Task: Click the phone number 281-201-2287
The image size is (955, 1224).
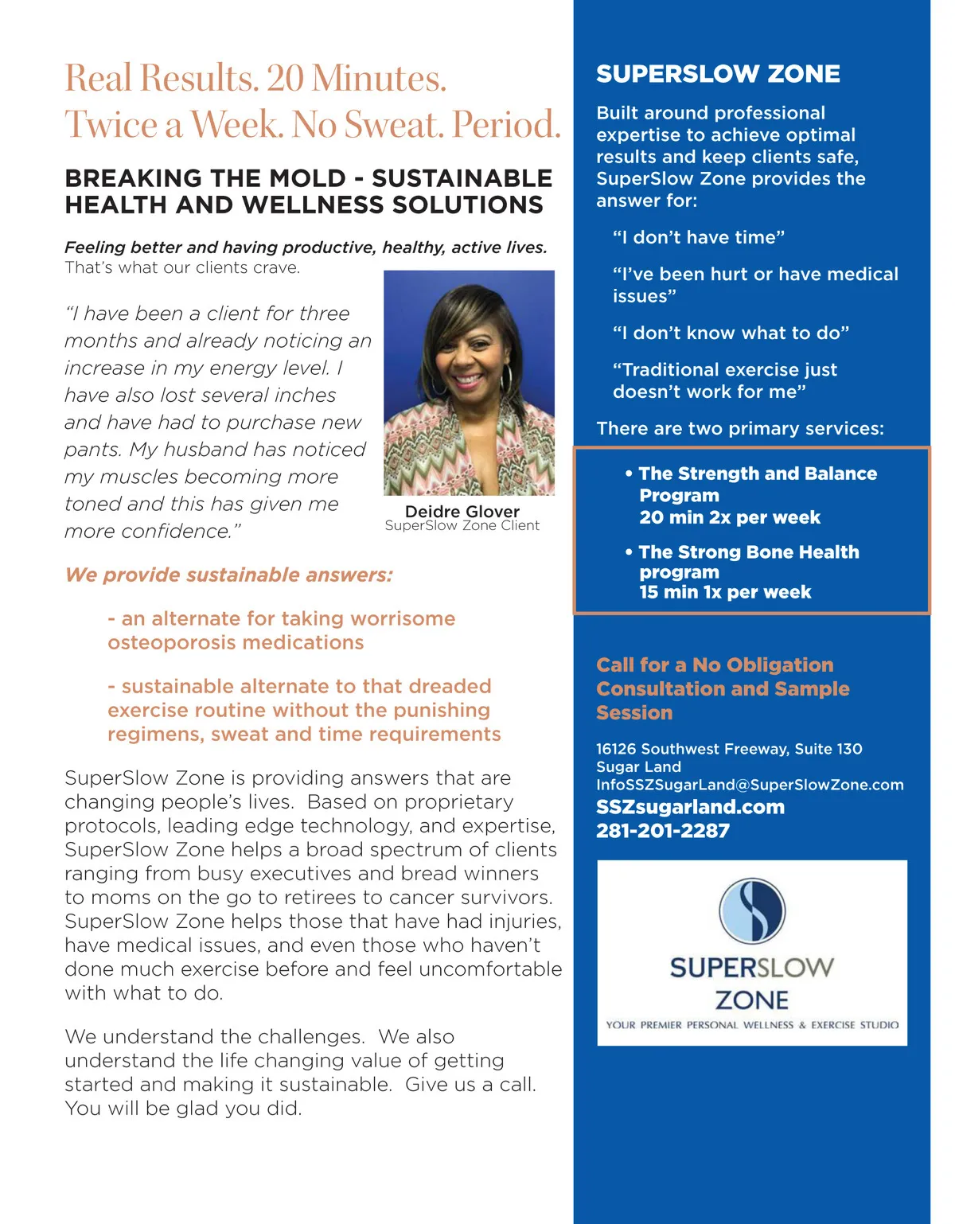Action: pos(663,831)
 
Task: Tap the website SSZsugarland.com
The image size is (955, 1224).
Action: pos(690,807)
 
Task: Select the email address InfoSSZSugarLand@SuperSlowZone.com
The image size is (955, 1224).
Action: pos(750,785)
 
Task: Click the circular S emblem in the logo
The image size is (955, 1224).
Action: pos(752,911)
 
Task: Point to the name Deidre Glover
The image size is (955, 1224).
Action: pos(462,512)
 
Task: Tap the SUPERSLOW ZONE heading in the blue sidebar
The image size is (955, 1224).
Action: pos(718,74)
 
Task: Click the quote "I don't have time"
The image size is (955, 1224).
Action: pos(699,237)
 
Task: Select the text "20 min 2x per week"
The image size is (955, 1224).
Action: pos(730,517)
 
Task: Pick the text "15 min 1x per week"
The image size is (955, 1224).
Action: pos(725,592)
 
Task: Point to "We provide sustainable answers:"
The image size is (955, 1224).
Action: pos(229,575)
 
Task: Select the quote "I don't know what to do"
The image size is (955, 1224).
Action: pos(731,333)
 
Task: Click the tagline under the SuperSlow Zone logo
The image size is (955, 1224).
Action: pos(752,1025)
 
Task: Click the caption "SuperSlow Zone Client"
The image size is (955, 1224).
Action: pos(462,525)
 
